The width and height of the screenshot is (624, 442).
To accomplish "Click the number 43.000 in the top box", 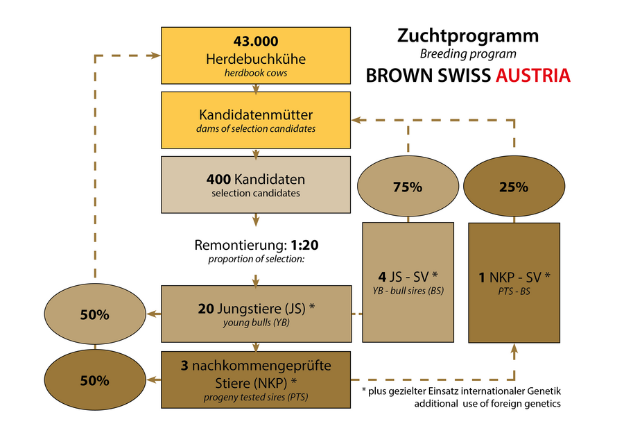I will click(256, 42).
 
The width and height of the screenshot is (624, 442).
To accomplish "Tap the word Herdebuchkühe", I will click(256, 59).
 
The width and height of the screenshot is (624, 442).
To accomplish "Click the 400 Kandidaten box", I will click(256, 184).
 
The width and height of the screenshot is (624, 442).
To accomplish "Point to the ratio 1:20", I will click(305, 245).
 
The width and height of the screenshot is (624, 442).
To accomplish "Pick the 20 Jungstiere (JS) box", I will click(256, 314).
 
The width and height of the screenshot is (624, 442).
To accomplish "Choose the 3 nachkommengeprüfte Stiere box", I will click(256, 380).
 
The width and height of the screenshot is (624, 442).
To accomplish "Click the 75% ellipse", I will click(407, 187).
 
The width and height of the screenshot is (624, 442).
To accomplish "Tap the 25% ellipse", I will click(514, 187).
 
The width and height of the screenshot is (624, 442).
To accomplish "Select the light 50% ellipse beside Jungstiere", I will click(94, 314).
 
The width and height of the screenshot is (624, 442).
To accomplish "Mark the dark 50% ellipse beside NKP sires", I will click(94, 380).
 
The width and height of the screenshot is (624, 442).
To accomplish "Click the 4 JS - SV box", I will click(408, 282).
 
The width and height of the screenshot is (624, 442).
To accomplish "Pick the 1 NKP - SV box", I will click(514, 282).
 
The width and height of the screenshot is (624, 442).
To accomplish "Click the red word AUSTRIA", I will click(533, 76).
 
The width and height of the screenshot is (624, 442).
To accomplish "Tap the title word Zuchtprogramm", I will click(467, 35).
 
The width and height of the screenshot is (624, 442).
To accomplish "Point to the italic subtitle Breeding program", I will click(467, 53).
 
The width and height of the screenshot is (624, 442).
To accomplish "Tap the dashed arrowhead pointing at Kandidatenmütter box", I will click(356, 119).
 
